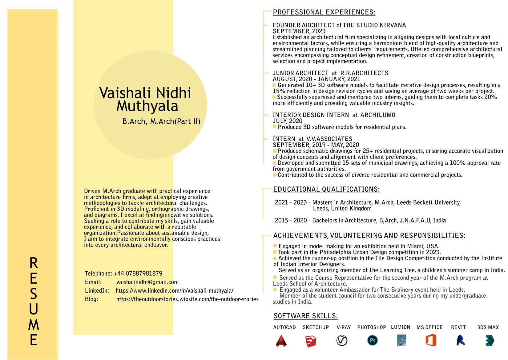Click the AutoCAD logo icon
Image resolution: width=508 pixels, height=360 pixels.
[281, 341]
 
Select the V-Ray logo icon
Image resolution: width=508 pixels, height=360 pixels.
[342, 341]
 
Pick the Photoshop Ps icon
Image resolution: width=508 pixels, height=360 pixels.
[373, 340]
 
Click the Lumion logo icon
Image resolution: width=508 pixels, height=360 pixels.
[401, 341]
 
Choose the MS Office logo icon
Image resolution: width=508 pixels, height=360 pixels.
[431, 341]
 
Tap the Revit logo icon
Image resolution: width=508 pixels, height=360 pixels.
[461, 341]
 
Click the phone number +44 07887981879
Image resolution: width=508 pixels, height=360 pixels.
[138, 274]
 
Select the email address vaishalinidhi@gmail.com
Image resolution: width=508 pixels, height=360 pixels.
[147, 282]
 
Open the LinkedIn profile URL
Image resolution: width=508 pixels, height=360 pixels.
[175, 291]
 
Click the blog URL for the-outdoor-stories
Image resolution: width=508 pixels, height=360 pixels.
[187, 299]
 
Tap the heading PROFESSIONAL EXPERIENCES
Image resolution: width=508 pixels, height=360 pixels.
[324, 12]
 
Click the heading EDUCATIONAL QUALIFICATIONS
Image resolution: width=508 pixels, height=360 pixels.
[326, 190]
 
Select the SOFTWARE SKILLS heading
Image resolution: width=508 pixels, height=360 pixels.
[306, 316]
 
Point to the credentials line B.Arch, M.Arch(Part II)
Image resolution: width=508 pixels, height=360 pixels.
[161, 121]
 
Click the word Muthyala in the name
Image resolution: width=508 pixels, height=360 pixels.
[147, 106]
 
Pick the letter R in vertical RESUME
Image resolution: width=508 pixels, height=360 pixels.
[34, 263]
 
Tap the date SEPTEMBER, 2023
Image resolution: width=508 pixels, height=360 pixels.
[299, 31]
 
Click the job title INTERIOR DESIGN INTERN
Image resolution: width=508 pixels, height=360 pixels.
[311, 115]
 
